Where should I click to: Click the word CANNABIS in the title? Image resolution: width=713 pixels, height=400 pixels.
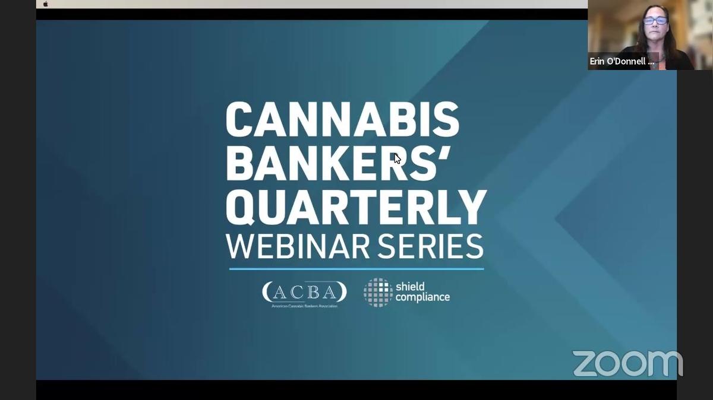tap(342, 120)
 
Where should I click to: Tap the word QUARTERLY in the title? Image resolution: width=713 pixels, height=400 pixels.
tap(356, 208)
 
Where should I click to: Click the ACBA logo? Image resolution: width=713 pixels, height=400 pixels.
tap(304, 292)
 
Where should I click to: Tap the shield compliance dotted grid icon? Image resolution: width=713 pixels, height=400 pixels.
tap(378, 292)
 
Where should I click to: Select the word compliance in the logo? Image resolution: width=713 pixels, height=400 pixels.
tap(422, 297)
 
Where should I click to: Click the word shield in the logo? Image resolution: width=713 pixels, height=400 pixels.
tap(410, 287)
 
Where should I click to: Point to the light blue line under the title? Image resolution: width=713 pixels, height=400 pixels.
tap(356, 269)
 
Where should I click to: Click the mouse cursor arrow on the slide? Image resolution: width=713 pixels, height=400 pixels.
tap(397, 158)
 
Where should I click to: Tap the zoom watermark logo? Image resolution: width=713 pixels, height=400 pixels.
tap(627, 363)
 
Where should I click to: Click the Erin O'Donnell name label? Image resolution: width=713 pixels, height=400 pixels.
tap(621, 61)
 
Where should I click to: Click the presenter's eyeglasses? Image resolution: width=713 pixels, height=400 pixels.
tap(655, 21)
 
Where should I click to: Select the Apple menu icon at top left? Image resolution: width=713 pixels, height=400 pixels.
tap(46, 4)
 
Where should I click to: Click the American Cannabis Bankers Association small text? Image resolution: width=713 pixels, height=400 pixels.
tap(304, 306)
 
